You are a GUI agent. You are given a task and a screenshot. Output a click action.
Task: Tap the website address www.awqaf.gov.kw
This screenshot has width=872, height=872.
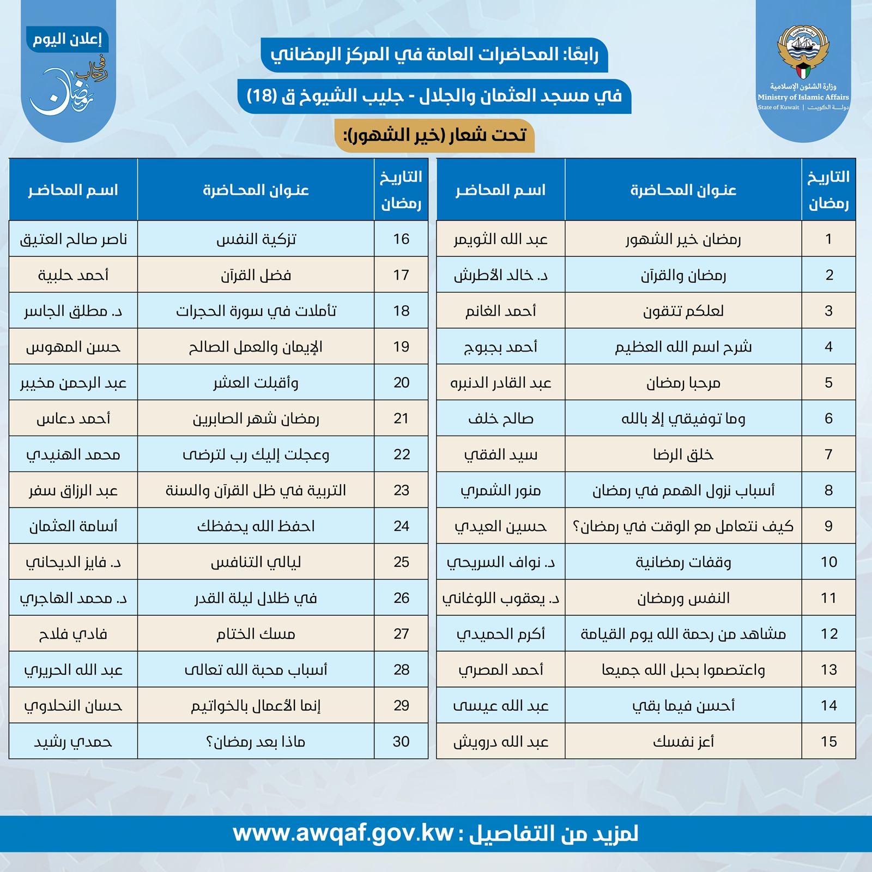343,833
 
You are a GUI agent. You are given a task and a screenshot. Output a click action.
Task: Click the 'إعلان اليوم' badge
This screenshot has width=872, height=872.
67,40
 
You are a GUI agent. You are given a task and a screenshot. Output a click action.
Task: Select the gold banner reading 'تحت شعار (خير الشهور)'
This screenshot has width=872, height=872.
434,135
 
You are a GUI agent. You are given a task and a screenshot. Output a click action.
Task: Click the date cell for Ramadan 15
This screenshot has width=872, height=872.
828,741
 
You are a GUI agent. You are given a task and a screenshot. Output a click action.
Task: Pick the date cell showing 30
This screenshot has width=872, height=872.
401,741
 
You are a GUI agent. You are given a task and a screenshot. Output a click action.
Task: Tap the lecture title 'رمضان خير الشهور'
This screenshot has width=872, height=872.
683,239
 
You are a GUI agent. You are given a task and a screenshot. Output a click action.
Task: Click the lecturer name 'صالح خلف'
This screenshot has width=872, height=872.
500,419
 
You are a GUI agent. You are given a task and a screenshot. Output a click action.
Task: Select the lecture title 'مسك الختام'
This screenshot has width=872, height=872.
256,634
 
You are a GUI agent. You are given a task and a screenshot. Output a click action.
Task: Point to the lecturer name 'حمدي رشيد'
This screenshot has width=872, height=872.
73,741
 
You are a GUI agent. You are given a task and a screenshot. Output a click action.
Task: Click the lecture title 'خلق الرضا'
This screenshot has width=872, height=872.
683,455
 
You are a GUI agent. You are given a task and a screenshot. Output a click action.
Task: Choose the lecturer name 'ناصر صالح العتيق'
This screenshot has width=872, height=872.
73,239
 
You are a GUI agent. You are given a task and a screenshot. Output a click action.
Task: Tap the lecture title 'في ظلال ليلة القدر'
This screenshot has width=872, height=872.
256,598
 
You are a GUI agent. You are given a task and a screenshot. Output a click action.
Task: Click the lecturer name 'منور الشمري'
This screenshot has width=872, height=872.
500,491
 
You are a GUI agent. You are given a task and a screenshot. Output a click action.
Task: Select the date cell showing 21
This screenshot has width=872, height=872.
401,419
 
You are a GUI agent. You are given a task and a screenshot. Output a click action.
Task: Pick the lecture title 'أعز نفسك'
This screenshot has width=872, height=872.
683,741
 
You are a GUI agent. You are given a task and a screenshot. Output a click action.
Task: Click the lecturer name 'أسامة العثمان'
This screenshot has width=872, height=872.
73,526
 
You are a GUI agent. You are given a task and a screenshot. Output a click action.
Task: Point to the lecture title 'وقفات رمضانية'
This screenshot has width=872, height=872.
683,562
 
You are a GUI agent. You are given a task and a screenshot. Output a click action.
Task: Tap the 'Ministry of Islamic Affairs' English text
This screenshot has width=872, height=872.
803,97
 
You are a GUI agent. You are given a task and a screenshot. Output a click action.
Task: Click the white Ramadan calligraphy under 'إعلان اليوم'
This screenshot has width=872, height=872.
68,90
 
